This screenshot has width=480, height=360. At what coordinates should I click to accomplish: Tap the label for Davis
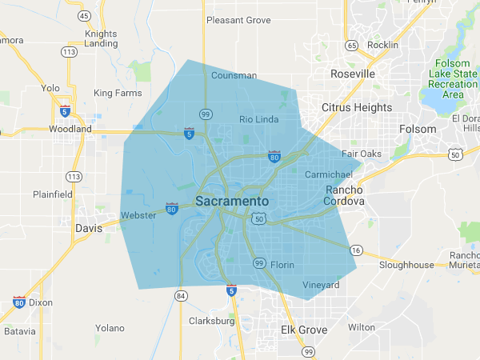89,228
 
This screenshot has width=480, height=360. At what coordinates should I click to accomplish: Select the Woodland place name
70,129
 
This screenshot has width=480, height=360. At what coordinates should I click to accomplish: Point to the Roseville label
353,74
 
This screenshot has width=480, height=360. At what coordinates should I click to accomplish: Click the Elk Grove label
304,330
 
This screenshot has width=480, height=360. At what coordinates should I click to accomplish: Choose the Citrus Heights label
357,107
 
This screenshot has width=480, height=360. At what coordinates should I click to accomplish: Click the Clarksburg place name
211,322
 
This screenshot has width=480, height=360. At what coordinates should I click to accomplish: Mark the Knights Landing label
101,38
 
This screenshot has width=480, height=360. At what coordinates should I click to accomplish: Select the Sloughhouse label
406,265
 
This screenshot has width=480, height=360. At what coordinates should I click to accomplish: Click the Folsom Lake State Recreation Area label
454,78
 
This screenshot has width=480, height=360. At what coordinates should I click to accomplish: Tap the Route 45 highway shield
84,15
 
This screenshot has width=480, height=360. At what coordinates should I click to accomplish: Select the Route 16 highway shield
357,250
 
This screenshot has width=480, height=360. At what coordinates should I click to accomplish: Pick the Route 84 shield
181,297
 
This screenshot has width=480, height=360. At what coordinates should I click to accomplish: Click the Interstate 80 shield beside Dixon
18,302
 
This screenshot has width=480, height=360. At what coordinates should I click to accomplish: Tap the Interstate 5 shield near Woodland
65,110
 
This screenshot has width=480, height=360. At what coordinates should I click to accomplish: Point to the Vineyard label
321,286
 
